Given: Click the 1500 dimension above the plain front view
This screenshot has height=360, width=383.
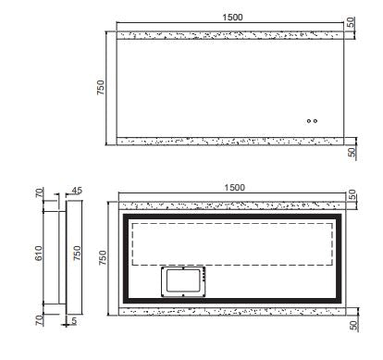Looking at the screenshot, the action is click(232, 18).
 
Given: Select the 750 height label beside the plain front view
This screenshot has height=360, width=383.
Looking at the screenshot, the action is click(101, 87).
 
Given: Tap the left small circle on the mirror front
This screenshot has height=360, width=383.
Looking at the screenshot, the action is click(309, 121).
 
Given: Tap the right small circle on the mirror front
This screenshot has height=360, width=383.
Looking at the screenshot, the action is click(315, 121).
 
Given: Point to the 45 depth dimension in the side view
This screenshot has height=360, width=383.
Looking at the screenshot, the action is click(77, 191).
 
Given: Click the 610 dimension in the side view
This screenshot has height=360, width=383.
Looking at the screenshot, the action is click(39, 254).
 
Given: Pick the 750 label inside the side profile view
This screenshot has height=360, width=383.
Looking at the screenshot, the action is click(77, 253).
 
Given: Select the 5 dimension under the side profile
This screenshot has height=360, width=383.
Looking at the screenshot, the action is click(74, 321).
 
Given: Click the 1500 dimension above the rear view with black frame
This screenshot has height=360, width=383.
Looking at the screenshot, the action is click(234, 188).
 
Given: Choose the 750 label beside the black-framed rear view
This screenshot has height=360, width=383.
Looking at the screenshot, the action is click(103, 257).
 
